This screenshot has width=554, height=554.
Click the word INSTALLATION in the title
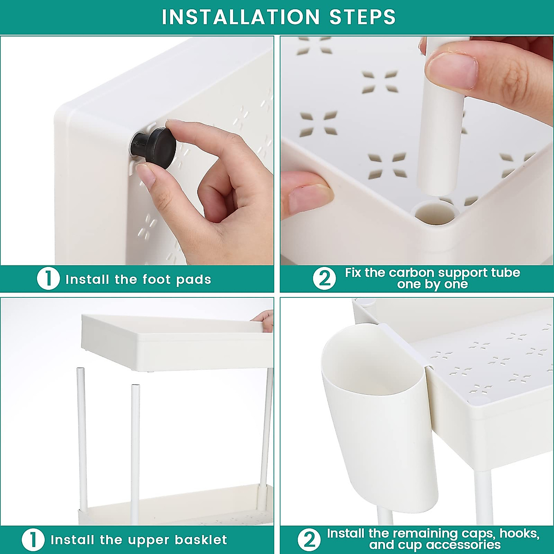[241, 17]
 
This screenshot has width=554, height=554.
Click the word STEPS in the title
[362, 17]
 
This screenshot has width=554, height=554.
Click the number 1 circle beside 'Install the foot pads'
[48, 279]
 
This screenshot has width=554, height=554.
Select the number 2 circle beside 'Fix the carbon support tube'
[324, 278]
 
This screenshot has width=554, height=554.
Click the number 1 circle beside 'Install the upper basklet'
[33, 540]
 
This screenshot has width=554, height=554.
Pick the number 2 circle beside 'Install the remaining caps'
[309, 539]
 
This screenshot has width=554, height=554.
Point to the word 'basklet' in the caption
[201, 540]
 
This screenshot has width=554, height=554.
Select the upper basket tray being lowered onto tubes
[177, 342]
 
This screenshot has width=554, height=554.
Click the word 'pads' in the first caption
[194, 279]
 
